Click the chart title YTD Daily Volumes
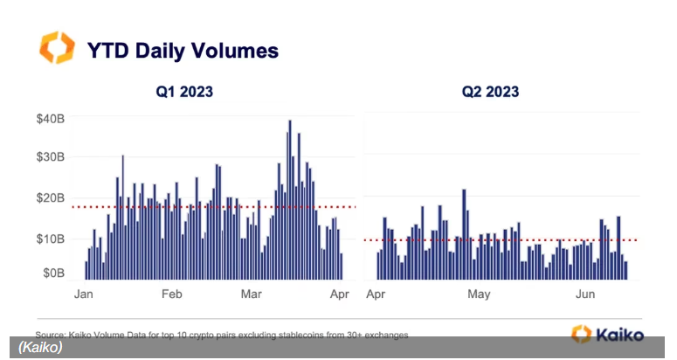(182, 51)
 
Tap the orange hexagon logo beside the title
(57, 48)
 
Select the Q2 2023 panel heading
(490, 91)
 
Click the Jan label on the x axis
(85, 294)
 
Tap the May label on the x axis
(479, 294)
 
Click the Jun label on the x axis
(584, 294)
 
